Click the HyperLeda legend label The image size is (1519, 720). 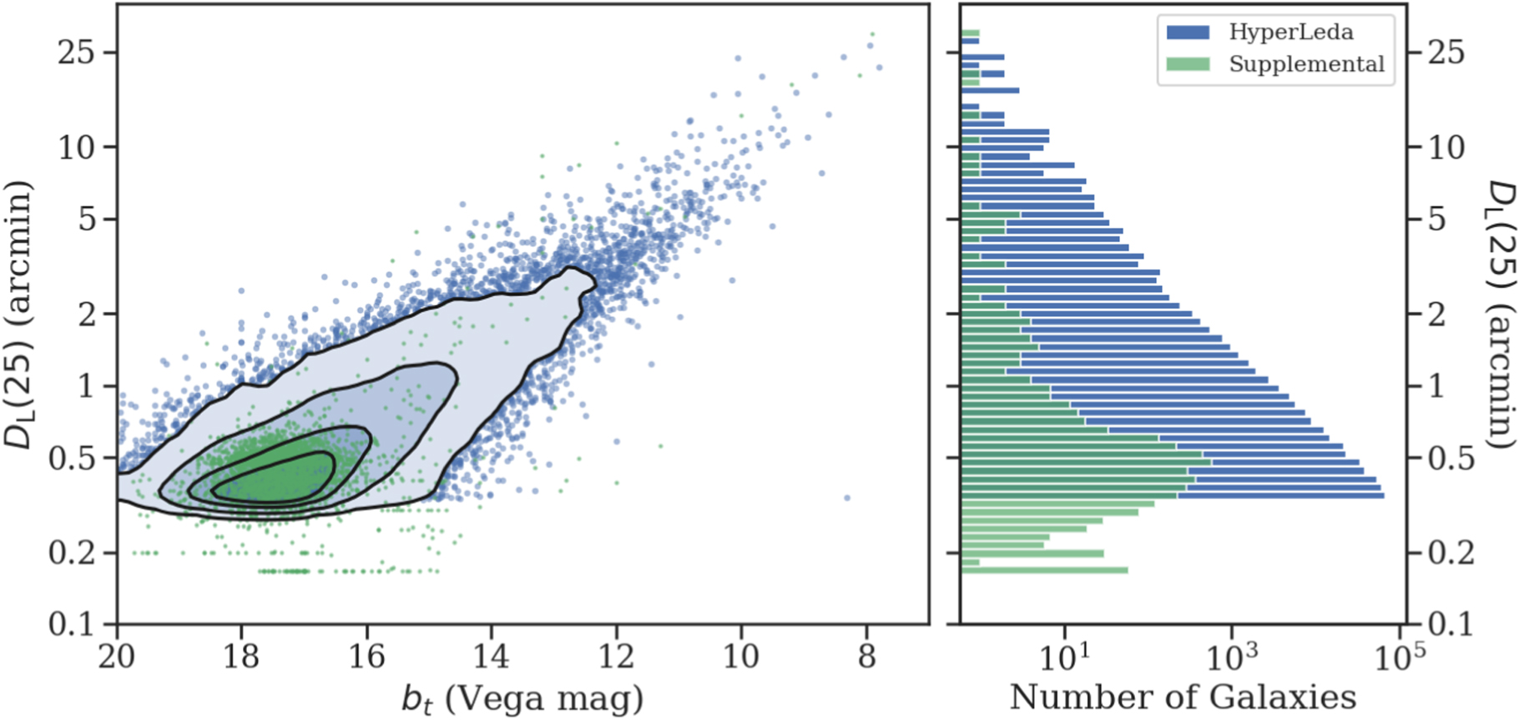point(1290,32)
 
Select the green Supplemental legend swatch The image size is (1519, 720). point(1188,64)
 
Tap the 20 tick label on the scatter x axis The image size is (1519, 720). point(117,657)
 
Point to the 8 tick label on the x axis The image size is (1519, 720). point(867,657)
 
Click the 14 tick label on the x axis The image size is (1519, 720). point(492,657)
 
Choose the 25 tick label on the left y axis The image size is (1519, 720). point(76,53)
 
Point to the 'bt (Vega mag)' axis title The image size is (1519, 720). point(522,699)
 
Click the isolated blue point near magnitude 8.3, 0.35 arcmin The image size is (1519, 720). point(847,498)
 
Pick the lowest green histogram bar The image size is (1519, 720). point(1044,571)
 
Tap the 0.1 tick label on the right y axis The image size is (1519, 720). point(1447,624)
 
